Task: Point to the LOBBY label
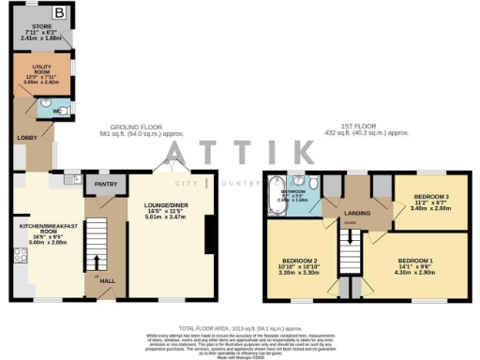pos(24,137)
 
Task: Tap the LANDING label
pos(354,213)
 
